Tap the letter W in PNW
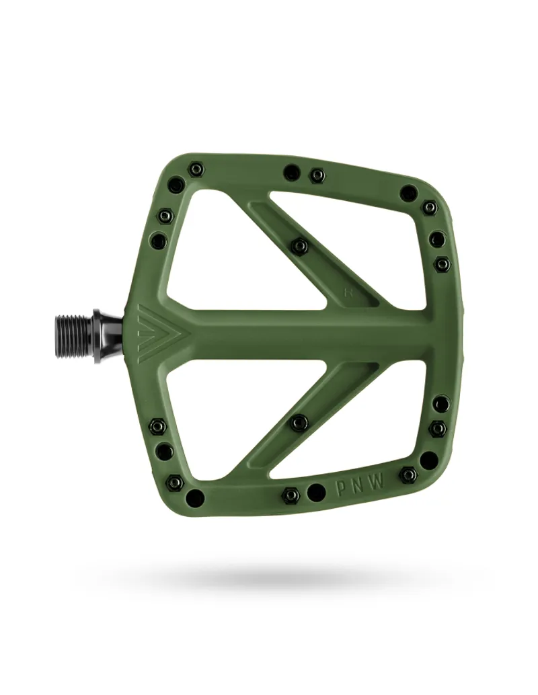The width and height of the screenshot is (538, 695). [381, 482]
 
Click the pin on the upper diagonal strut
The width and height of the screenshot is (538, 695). [300, 246]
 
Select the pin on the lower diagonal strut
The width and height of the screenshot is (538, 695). [300, 422]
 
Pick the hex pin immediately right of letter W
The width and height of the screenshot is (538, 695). [408, 475]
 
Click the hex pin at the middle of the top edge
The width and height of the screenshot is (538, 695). [317, 175]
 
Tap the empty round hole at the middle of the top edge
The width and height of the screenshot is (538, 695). [292, 172]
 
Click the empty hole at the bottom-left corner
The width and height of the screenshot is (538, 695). [195, 498]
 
